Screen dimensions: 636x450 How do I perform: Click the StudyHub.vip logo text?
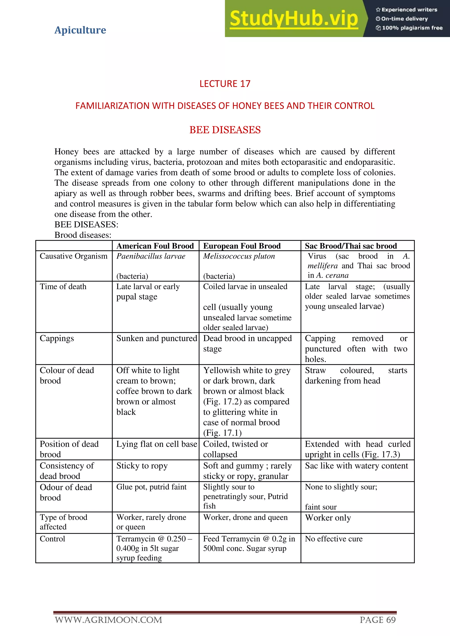coord(294,19)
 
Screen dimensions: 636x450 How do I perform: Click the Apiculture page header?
coord(80,30)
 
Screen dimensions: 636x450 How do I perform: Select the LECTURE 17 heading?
coord(225,84)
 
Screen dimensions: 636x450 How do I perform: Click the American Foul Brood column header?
coord(155,246)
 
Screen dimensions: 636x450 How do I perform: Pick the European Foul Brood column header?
coord(242,246)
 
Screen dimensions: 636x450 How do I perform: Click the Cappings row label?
coord(57,338)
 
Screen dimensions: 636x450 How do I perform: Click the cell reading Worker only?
coord(328,518)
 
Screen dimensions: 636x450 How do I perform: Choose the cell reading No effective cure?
coord(334,539)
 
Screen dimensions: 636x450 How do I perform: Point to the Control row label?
coord(52,539)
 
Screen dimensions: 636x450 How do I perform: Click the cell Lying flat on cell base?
coord(157,444)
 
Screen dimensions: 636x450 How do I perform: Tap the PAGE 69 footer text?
coord(377,620)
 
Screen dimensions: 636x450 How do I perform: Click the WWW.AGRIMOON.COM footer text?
coord(108,620)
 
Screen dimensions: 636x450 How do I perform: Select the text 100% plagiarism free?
coord(412,28)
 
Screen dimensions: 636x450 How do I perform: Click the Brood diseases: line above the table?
coord(83,235)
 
